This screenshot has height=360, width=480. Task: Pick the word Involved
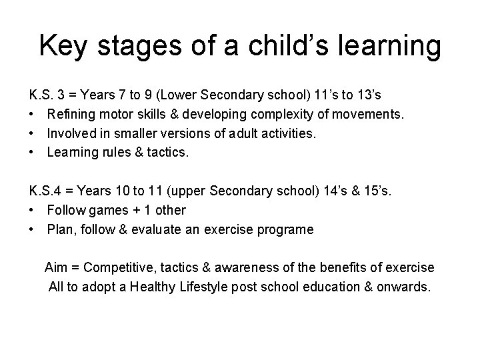pos(71,133)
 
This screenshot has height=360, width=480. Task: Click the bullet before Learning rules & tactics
pos(32,152)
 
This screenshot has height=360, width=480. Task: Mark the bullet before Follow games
pos(32,210)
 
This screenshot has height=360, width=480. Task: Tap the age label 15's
pos(378,191)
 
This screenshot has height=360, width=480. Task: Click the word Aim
pos(55,267)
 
